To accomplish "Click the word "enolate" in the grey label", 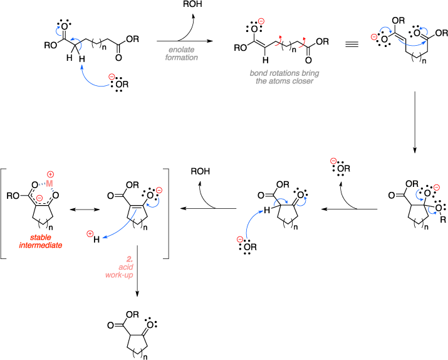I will tap(181, 50).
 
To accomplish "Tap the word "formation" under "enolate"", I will tap(182, 58).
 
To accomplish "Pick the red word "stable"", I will tap(41, 238).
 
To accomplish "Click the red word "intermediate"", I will tap(41, 246).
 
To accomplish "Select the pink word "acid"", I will tap(126, 267).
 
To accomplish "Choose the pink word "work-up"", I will tap(119, 275).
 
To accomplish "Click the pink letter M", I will tap(49, 184).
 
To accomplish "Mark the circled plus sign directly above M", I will tap(50, 174).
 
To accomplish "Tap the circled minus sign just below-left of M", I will tap(39, 198).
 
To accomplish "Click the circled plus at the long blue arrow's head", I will tap(90, 234).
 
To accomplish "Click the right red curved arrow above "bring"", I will tap(303, 41).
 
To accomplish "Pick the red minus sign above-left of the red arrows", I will tap(261, 21).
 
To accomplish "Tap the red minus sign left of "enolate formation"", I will tap(112, 77).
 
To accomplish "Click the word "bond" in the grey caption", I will tap(259, 73).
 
